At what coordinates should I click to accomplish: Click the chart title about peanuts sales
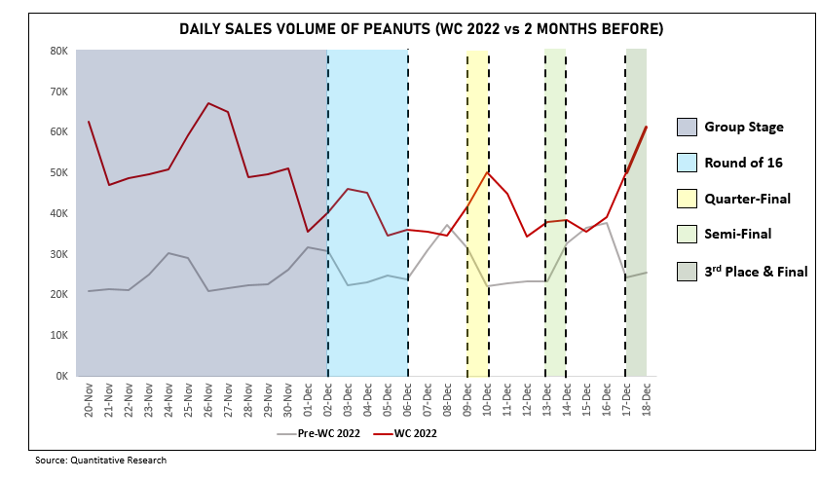pos(421,29)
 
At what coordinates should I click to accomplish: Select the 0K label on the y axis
pos(59,376)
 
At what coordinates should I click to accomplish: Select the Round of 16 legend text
pos(743,163)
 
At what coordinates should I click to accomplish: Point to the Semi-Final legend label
pos(737,235)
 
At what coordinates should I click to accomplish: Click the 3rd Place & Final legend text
pos(756,272)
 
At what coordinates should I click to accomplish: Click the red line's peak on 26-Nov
pos(208,103)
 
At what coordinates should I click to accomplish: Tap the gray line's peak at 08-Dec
pos(447,226)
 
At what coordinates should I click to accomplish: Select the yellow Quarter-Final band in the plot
pos(477,292)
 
